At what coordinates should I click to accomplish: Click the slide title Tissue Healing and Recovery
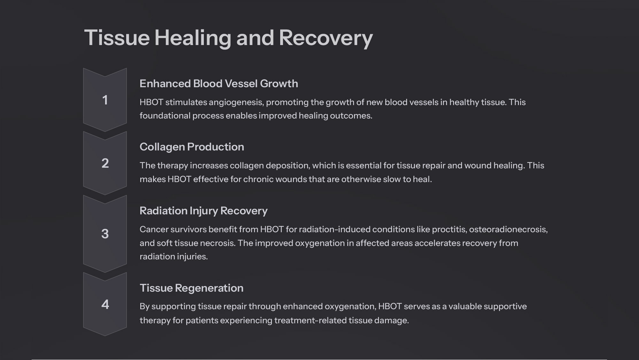tap(228, 38)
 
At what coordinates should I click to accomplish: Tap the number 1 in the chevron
tap(105, 100)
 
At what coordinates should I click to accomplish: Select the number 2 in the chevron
tap(105, 163)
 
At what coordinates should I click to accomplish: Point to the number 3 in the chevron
tap(105, 234)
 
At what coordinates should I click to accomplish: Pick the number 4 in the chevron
tap(105, 304)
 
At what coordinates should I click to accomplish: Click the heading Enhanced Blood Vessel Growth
tap(219, 84)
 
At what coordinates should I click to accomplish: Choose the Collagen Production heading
tap(192, 147)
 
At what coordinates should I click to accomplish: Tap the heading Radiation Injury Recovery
tap(204, 211)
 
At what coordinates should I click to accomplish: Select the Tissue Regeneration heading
tap(191, 288)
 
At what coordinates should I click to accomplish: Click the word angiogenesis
tap(236, 103)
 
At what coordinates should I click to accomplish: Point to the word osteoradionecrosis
tap(508, 229)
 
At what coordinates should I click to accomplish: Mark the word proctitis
tap(449, 230)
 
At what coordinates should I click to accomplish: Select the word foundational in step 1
tap(165, 116)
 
